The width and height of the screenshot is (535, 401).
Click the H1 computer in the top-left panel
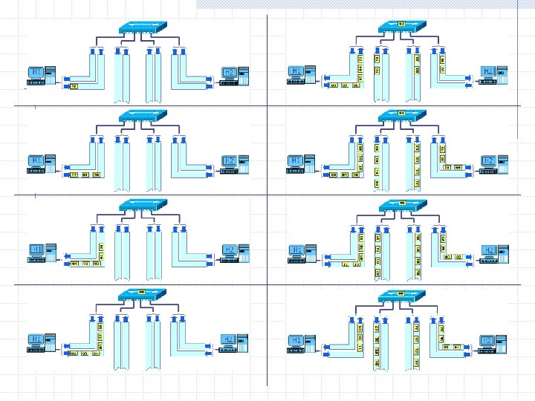pos(42,75)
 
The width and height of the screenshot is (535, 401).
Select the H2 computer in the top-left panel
pos(235,75)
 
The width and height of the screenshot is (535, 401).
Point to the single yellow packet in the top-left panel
pos(74,86)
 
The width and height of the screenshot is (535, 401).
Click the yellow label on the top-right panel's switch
pos(401,25)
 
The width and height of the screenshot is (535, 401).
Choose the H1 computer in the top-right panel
pos(302,75)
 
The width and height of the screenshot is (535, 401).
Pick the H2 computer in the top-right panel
pos(493,75)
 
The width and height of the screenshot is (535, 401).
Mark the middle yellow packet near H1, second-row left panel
pos(85,175)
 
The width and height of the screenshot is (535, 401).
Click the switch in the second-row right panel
pos(401,116)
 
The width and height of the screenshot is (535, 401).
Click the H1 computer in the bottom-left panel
pos(42,342)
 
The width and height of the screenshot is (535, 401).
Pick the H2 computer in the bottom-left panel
pos(235,342)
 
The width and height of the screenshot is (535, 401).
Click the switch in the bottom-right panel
pos(401,295)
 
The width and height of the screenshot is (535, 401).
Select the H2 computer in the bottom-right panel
pos(493,342)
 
